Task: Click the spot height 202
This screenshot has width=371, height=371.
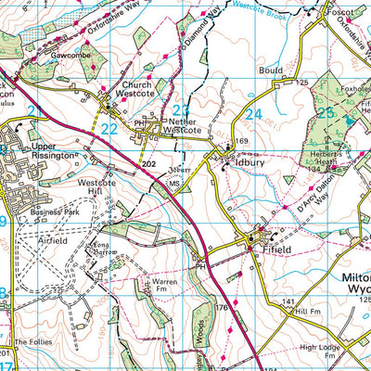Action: [149, 164]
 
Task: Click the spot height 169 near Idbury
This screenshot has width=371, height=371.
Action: [243, 141]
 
